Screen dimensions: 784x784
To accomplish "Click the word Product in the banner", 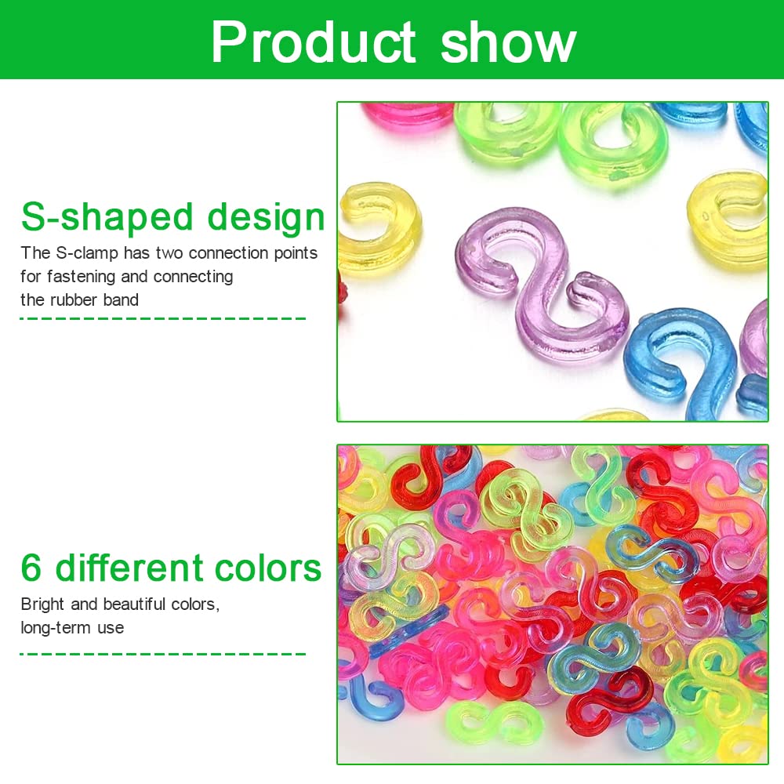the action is [x=313, y=42].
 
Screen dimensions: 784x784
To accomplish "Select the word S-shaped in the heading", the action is [x=107, y=218].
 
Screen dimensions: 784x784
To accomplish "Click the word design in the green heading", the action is [x=266, y=218].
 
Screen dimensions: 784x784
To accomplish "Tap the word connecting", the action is [x=193, y=277].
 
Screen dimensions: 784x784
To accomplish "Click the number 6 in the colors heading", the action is [x=31, y=568].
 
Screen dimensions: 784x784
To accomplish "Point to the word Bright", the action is [x=43, y=604].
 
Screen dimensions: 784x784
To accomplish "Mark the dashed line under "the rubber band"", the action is [x=163, y=318].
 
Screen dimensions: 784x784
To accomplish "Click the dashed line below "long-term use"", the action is [x=163, y=654].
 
